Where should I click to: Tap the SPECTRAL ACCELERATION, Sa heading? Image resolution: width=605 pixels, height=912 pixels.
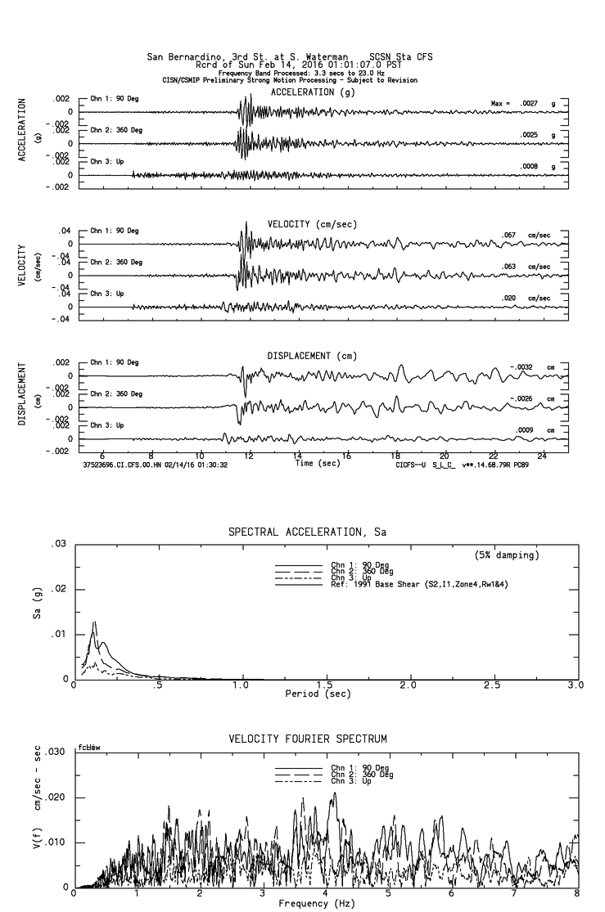(306, 532)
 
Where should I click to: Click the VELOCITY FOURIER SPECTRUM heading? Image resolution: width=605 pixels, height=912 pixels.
(306, 739)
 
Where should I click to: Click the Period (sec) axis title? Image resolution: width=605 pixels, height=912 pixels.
(318, 693)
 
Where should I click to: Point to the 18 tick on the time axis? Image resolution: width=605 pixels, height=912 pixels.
(395, 456)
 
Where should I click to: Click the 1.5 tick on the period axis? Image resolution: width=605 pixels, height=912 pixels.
(325, 685)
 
